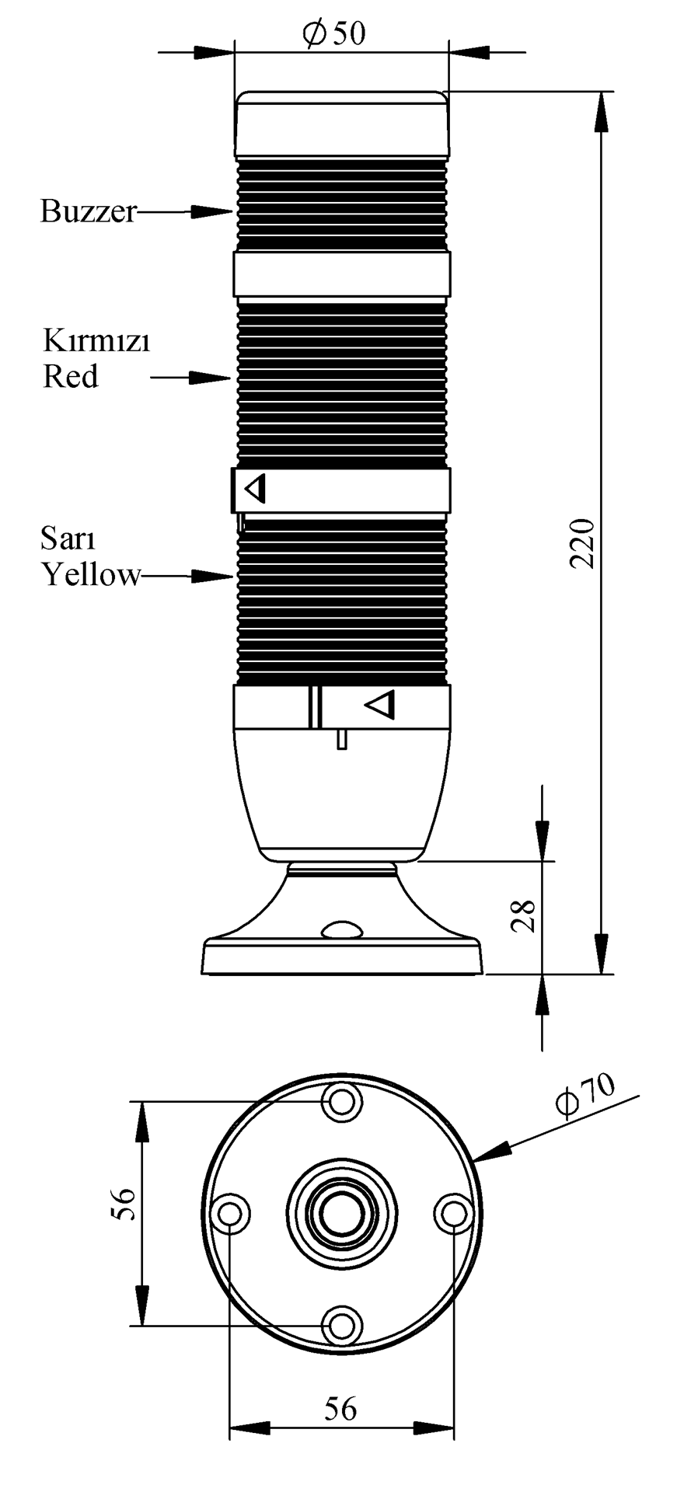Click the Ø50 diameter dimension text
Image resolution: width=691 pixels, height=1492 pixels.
[x=333, y=33]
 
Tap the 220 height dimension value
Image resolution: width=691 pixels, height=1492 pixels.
[x=583, y=542]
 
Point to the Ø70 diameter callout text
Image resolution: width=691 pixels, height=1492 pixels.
[x=585, y=1093]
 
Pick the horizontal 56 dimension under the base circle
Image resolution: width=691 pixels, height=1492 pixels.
[x=340, y=1407]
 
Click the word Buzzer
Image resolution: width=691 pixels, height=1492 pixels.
[x=89, y=211]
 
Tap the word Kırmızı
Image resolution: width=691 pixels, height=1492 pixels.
[x=96, y=341]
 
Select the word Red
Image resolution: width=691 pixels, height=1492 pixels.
[x=71, y=377]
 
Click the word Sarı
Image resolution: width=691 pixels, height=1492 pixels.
[x=68, y=538]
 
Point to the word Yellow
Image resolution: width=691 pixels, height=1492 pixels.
[x=92, y=576]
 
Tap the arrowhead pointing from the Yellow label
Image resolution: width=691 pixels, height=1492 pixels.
[x=214, y=576]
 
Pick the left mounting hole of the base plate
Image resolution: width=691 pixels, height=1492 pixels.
[x=230, y=1213]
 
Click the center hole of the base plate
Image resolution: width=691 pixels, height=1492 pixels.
[x=341, y=1212]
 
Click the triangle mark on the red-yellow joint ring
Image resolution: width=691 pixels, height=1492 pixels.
[x=255, y=490]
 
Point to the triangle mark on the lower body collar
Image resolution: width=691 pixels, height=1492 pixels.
[x=381, y=705]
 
